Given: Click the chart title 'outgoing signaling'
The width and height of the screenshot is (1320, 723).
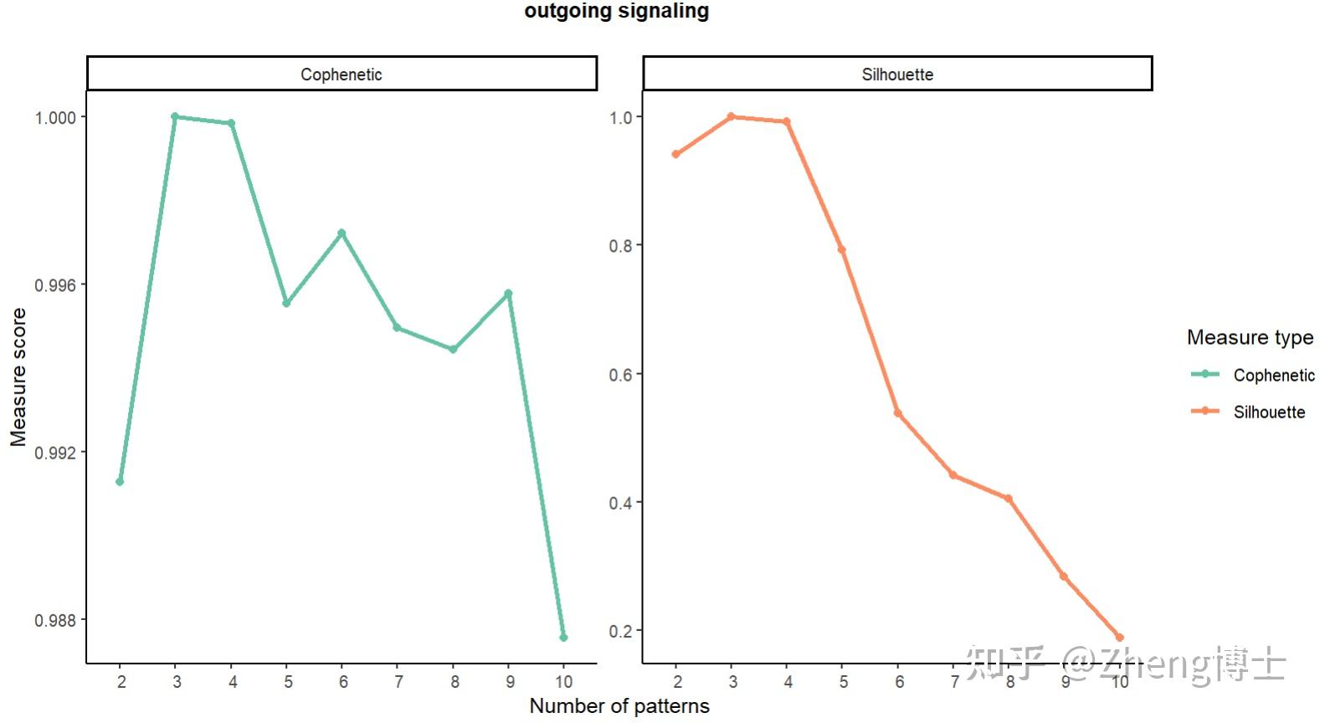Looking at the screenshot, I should [616, 11].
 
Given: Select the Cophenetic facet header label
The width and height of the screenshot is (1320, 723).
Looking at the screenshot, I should [342, 74].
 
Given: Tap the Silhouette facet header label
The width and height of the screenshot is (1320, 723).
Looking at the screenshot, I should [897, 74].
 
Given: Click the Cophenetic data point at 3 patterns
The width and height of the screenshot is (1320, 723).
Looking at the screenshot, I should [175, 116].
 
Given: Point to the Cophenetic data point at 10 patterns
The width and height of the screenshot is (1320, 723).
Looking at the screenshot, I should [563, 638].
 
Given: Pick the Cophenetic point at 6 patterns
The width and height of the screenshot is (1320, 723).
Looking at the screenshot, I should [342, 233].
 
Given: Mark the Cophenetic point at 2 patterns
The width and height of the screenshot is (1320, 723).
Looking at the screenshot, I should [120, 482].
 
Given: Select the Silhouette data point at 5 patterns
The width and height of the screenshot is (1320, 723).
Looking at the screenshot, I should [842, 249].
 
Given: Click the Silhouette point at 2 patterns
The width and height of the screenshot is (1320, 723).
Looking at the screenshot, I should [675, 154].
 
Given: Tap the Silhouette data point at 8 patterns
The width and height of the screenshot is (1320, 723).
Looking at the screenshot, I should [1009, 499].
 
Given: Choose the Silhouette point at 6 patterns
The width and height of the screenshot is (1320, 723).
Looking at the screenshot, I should [898, 413].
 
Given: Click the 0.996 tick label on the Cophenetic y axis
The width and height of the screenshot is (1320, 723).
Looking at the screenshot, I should [54, 285].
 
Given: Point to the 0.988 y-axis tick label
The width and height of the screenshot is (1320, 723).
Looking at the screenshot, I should [54, 621].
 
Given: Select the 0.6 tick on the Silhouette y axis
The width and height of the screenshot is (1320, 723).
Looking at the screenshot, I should [620, 374].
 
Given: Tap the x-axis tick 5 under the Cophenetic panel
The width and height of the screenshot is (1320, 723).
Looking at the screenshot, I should [288, 682].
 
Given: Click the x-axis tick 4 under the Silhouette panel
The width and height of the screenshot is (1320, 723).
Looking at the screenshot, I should [788, 682].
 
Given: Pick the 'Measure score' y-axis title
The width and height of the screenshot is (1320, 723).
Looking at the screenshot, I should [18, 377].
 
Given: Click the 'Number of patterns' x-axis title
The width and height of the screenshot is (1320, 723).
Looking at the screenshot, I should [619, 706].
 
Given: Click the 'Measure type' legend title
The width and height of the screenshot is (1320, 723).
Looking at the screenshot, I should [1250, 337].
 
